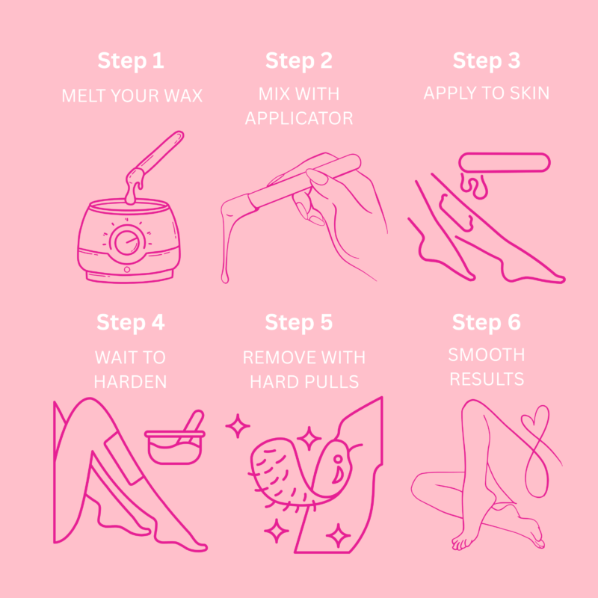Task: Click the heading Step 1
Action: coord(131,61)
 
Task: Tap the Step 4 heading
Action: coord(130,323)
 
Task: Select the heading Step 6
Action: coord(487,323)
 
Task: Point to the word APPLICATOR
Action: coord(299,118)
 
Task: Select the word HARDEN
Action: coord(130,382)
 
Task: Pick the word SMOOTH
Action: coord(487,355)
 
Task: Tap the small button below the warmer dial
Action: coord(127,270)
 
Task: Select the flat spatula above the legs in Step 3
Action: coord(505,162)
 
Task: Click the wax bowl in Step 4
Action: coord(175,446)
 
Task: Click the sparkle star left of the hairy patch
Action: coord(238,425)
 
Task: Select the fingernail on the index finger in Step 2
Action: coord(317,176)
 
